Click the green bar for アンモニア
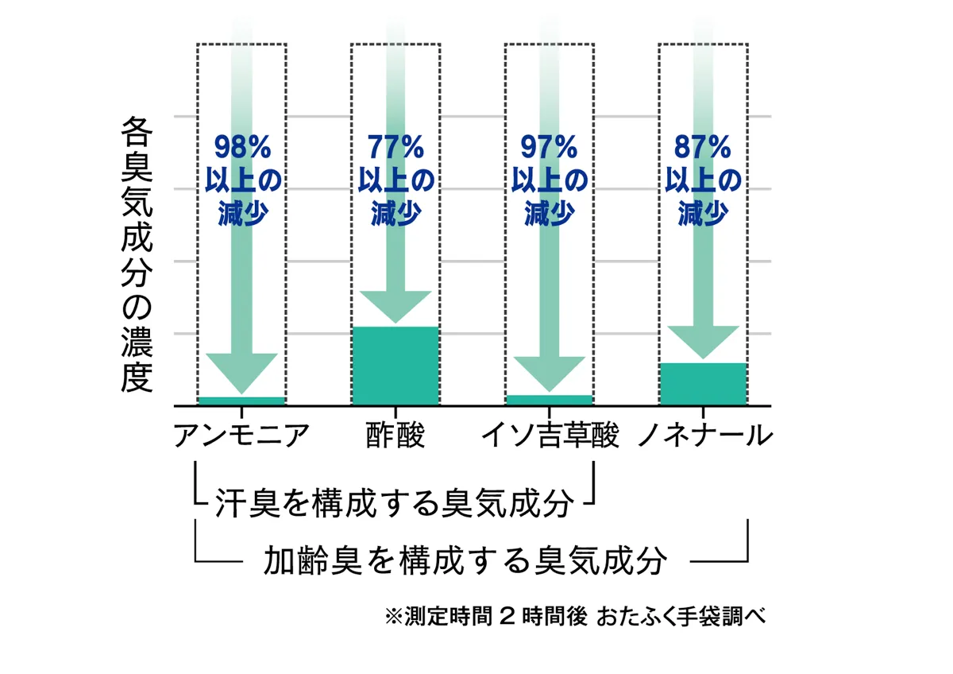[241, 401]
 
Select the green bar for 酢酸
[395, 365]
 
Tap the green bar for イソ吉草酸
[549, 400]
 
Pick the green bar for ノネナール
[703, 383]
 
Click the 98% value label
[241, 148]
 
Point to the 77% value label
[395, 148]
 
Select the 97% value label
[549, 148]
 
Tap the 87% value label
[703, 148]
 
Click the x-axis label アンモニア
[241, 436]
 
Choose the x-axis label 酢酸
[395, 436]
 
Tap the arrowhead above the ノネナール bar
[703, 341]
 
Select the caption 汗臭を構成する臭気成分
[394, 503]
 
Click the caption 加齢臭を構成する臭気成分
[464, 560]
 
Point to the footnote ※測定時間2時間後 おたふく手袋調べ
[574, 617]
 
